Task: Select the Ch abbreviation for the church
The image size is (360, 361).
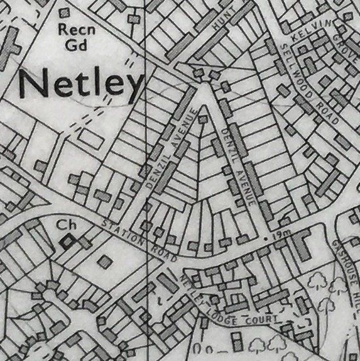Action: pos(62,224)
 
